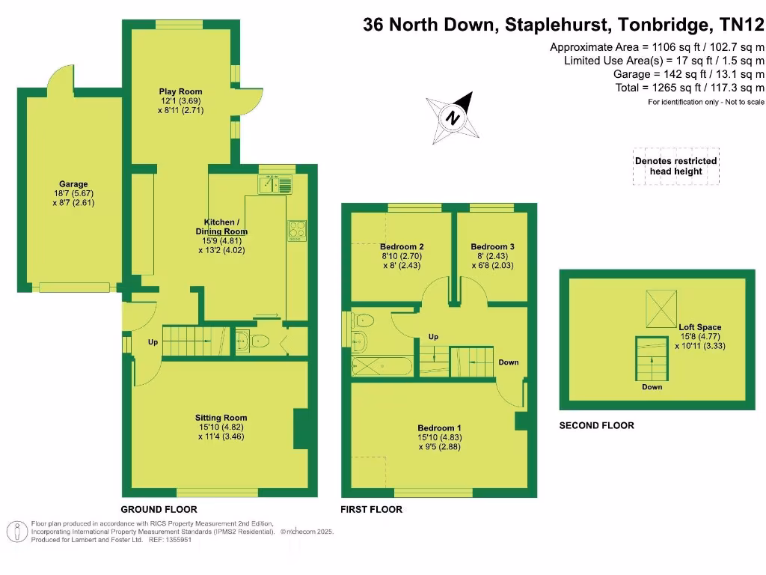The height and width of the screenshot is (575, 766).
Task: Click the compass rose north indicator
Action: pos(453,118)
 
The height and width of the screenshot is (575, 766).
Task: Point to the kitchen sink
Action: pos(275,183)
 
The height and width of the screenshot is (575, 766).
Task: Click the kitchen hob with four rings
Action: pos(296,231)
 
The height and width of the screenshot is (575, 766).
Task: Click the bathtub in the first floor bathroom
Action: pos(382,366)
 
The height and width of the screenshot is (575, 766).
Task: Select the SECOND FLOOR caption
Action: pos(596,425)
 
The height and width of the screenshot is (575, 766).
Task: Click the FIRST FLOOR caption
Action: pos(371,509)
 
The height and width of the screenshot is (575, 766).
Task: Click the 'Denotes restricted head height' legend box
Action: pos(675,166)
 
